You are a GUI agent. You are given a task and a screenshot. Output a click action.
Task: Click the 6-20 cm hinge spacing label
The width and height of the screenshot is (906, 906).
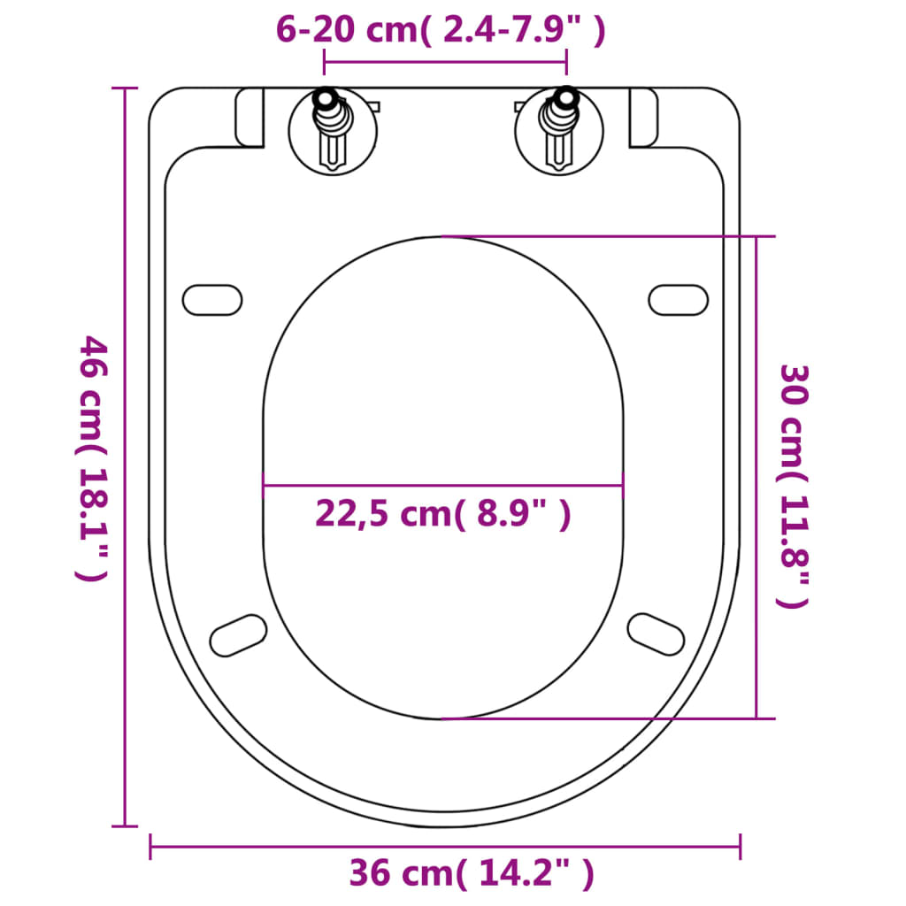(441, 30)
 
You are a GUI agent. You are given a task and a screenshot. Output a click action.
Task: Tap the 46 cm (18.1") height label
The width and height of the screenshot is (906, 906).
(93, 457)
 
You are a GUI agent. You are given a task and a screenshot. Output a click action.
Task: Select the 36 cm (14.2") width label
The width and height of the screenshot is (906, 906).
(471, 874)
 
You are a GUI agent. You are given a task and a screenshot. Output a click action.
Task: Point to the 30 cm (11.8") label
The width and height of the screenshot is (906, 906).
(793, 486)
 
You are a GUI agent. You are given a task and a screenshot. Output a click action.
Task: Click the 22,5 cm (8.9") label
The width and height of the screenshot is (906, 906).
(442, 513)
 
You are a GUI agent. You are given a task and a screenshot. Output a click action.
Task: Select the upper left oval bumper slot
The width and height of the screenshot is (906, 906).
(212, 299)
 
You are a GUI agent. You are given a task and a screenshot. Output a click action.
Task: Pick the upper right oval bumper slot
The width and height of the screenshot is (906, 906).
(679, 299)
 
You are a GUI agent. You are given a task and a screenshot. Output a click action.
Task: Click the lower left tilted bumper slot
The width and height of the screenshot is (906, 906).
(238, 635)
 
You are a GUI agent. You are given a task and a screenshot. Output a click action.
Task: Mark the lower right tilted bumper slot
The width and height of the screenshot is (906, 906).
(656, 633)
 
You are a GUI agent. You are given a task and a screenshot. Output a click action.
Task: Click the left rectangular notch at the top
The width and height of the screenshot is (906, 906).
(250, 118)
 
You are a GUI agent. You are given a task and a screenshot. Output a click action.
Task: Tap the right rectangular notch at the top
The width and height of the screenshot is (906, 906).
(643, 118)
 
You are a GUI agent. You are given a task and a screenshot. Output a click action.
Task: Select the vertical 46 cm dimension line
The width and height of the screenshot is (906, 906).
(125, 619)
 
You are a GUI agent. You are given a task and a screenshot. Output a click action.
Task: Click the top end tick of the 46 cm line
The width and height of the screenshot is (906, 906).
(125, 88)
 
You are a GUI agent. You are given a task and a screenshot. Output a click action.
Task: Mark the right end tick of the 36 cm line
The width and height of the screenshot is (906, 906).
(740, 847)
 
